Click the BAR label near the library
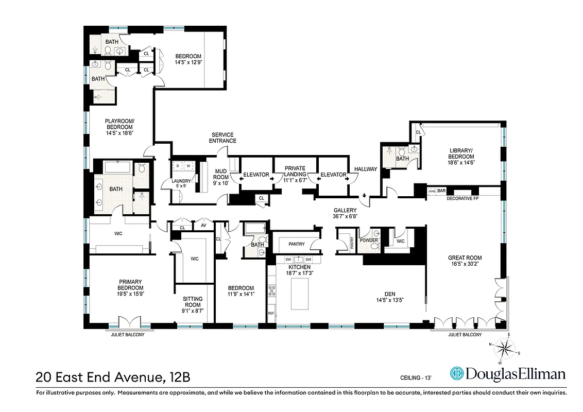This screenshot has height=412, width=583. pyautogui.click(x=441, y=191)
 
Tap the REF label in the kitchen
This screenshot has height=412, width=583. pyautogui.click(x=271, y=313)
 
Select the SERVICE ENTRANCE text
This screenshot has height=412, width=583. pyautogui.click(x=223, y=138)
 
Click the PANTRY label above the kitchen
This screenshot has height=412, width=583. pyautogui.click(x=296, y=244)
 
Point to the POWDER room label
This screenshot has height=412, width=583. pyautogui.click(x=369, y=241)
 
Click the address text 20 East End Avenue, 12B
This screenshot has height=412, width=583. pyautogui.click(x=113, y=376)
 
